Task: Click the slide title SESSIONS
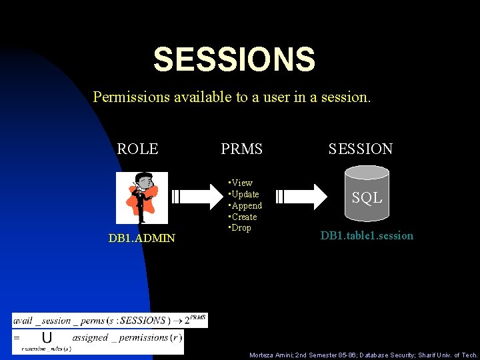click(234, 60)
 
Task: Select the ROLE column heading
click(137, 149)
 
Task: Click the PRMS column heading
click(241, 149)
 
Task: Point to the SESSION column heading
click(360, 149)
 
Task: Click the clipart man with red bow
click(141, 197)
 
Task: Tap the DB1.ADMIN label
click(142, 238)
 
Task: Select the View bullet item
click(241, 183)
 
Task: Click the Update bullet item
click(244, 194)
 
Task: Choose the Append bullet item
click(246, 205)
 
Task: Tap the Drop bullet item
click(241, 228)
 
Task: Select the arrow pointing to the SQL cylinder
click(303, 197)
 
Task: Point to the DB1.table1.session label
click(367, 235)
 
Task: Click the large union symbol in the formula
click(47, 337)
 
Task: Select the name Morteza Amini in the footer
click(271, 355)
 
